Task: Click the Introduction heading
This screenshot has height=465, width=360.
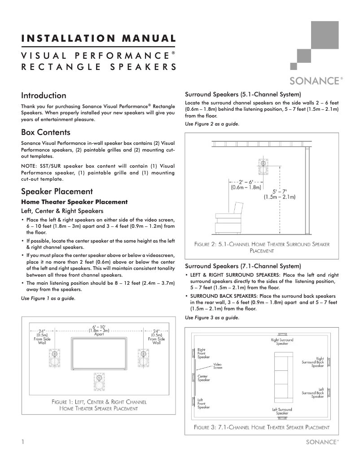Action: tap(44, 96)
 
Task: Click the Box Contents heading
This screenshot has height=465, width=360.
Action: tap(46, 133)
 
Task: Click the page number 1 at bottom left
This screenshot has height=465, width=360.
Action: tap(22, 442)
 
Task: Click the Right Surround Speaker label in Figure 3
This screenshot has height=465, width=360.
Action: tap(282, 341)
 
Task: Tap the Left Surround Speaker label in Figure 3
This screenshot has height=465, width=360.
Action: tap(282, 411)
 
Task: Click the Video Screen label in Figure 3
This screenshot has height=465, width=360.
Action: tap(218, 365)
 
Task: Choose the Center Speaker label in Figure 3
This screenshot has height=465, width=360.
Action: tap(203, 378)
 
